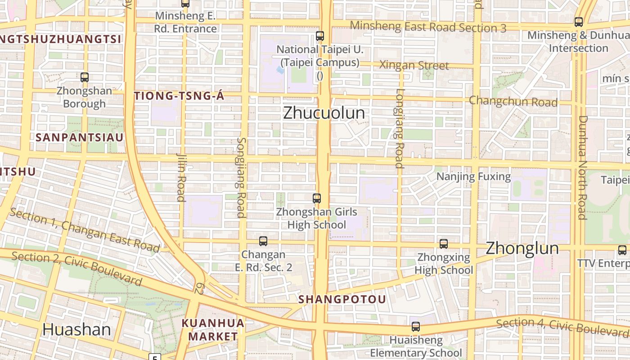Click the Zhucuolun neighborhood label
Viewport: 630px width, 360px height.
324,113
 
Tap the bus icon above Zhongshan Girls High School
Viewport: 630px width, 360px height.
317,198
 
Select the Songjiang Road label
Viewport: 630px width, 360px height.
241,177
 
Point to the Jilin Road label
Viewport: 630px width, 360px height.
181,177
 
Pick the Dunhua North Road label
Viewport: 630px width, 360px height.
582,167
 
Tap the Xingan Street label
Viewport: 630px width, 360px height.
414,65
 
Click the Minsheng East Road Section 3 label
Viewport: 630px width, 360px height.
428,27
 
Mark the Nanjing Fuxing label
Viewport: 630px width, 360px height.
473,176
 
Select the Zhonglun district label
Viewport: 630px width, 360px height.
522,248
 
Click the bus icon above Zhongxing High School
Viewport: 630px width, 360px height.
444,244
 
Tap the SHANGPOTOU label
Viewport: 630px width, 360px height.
342,299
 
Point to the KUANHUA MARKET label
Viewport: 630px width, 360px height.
213,329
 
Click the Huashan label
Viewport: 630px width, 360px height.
76,329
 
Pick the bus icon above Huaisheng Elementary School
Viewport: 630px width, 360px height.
416,327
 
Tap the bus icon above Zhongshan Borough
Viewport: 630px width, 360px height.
85,77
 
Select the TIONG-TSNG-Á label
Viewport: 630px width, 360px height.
179,96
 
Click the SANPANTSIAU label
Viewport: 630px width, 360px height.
79,138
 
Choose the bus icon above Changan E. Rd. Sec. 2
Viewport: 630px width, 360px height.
263,241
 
